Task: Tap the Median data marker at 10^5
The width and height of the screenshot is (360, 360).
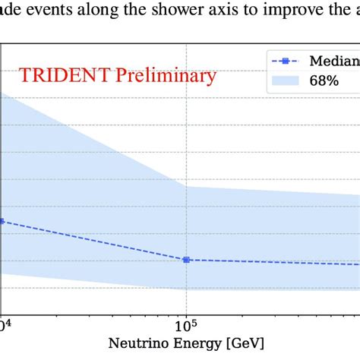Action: click(186, 260)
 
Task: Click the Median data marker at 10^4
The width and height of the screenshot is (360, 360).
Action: click(2, 221)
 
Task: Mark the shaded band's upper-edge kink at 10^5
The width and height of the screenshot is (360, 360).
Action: click(186, 187)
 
